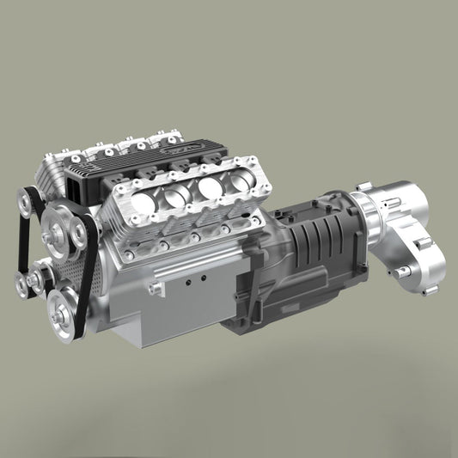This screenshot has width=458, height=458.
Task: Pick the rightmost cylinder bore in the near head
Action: (x=238, y=182)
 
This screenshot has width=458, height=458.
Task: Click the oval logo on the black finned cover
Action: (x=209, y=149)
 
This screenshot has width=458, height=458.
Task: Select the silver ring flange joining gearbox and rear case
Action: (x=356, y=214)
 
